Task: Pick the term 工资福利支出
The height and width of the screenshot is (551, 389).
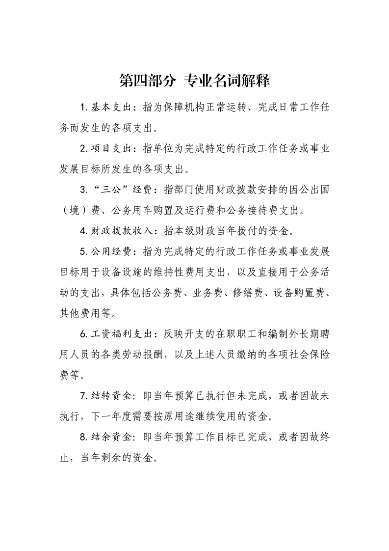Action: point(119,334)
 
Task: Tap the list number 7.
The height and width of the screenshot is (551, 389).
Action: point(83,395)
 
